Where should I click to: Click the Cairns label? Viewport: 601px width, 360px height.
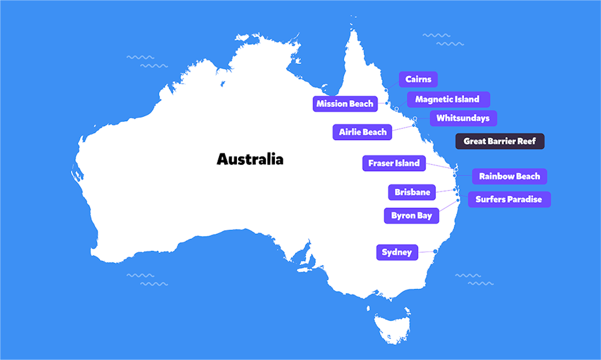(418, 80)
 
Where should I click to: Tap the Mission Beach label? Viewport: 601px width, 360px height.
(345, 104)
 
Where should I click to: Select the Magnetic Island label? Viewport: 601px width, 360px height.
(447, 100)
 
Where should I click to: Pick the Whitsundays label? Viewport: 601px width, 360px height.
(463, 119)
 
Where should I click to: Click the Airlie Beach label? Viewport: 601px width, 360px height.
(362, 132)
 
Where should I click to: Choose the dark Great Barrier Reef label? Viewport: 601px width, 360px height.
(500, 141)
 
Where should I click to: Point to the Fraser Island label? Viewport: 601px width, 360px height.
(393, 164)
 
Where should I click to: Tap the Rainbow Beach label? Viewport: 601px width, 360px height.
(509, 177)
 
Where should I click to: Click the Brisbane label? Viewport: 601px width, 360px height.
(412, 193)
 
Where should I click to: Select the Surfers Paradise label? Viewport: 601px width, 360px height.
(509, 200)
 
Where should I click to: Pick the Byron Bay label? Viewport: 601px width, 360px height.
(411, 216)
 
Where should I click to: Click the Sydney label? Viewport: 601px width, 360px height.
(396, 253)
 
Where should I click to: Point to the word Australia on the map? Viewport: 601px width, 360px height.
(250, 159)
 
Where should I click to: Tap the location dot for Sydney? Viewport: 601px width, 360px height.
(435, 252)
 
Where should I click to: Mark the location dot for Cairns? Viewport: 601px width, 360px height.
(386, 91)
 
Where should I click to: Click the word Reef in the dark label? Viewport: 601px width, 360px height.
(526, 141)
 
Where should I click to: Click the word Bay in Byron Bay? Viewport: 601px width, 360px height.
(424, 216)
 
